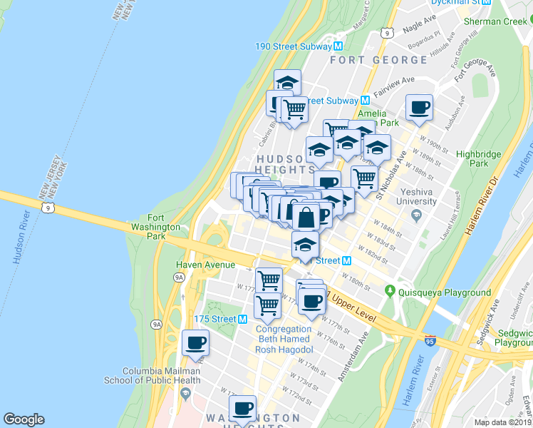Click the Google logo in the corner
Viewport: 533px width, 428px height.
point(24,419)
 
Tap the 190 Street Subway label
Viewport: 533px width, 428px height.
point(294,46)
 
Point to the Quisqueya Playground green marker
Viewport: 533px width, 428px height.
point(390,291)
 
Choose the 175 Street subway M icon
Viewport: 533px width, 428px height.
point(242,319)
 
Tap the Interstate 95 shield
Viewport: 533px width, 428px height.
point(430,342)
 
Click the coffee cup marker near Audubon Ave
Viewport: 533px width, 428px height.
point(420,108)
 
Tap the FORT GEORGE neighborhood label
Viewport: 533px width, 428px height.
point(378,60)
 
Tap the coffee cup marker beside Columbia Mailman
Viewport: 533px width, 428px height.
point(195,343)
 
